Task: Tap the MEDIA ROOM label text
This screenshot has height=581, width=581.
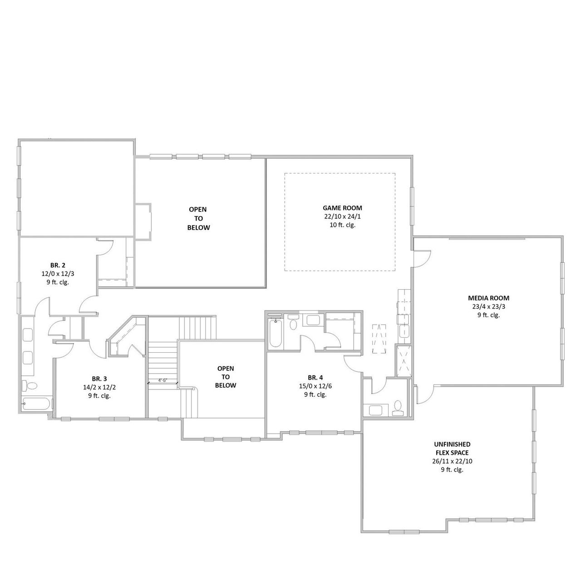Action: coord(488,298)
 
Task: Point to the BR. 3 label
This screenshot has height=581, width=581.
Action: coord(99,379)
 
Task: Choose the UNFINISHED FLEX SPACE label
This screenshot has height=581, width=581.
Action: coord(452,448)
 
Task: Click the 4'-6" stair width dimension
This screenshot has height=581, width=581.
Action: coord(162,380)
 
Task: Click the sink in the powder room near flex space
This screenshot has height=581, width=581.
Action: coord(376,410)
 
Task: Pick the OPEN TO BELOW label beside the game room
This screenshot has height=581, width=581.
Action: coord(199,218)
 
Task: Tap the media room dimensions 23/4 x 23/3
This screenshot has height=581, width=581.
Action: coord(488,307)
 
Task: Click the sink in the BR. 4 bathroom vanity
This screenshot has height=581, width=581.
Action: coord(313,320)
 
